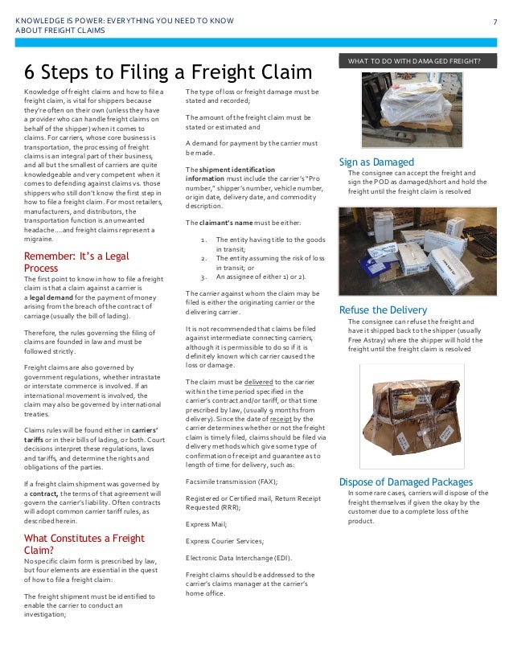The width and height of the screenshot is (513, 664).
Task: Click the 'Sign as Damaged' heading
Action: (x=376, y=162)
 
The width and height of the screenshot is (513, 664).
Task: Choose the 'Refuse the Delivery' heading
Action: (x=383, y=310)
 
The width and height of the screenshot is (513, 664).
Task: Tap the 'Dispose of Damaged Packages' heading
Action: (x=406, y=482)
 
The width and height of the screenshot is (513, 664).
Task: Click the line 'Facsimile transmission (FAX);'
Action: (x=232, y=481)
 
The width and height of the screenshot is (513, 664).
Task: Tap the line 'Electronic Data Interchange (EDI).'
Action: (x=238, y=557)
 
